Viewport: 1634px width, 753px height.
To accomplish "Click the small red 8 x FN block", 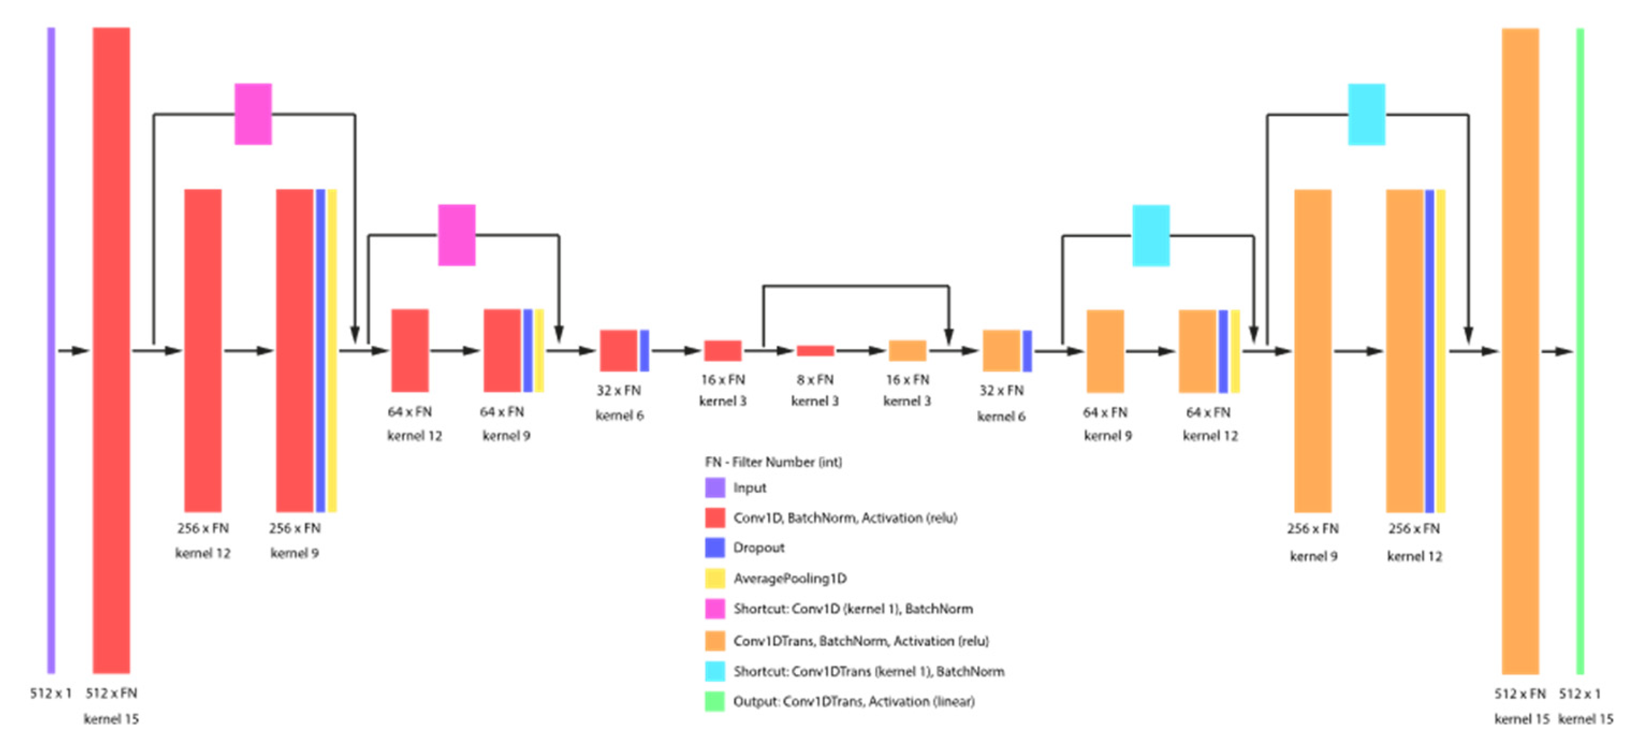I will point(815,351).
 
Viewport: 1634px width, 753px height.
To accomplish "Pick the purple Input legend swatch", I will point(715,488).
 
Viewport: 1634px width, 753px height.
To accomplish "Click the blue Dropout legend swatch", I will point(715,548).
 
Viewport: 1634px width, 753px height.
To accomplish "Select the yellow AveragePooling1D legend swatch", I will point(715,578).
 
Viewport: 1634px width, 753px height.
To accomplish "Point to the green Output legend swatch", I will point(715,701).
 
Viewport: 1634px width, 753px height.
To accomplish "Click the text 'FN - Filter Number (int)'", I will point(773,462).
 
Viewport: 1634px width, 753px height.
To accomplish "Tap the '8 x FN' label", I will point(815,379).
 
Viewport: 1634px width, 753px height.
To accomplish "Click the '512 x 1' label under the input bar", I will point(51,693).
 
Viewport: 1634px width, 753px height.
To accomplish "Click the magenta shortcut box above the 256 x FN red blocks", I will point(253,114).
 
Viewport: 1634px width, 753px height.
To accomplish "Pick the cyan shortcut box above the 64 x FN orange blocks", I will point(1151,236).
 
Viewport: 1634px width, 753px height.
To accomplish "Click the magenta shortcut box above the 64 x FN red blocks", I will point(456,234).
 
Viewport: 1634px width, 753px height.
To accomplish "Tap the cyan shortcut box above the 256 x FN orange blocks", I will point(1366,114).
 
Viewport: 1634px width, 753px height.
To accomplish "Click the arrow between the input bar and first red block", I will point(74,350).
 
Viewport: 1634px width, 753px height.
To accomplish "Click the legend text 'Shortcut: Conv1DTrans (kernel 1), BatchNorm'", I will point(868,671).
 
